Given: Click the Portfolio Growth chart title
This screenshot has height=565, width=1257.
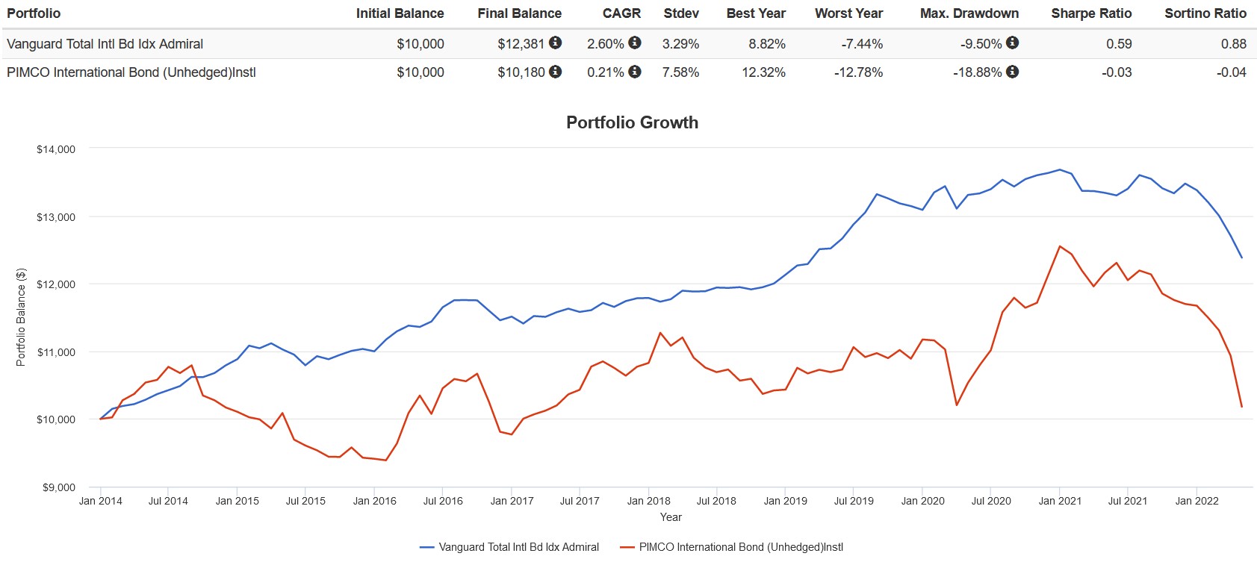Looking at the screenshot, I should [632, 122].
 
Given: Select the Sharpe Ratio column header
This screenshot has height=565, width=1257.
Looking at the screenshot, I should [1090, 13].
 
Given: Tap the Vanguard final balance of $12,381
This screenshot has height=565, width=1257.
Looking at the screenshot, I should [521, 44].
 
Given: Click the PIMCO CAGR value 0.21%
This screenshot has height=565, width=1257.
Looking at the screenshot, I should [605, 72].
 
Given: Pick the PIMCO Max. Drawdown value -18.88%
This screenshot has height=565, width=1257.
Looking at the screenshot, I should [977, 72].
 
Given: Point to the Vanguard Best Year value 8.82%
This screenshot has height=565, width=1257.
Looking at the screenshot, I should [766, 44].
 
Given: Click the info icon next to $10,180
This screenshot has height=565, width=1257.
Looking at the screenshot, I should [555, 72].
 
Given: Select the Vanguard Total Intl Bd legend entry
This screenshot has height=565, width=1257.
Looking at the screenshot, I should [518, 547].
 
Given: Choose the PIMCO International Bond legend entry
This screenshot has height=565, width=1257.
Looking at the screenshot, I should [740, 547].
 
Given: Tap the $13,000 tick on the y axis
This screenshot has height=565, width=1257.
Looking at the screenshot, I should [56, 217].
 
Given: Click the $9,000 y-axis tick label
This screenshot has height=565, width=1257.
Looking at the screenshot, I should [59, 487].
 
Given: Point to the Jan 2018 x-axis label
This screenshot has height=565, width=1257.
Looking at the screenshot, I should [648, 501].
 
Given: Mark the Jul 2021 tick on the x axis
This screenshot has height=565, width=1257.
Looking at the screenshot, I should [1127, 501].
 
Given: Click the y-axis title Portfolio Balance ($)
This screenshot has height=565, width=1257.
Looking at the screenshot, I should [21, 317].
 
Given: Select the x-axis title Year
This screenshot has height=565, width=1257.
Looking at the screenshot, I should [671, 517].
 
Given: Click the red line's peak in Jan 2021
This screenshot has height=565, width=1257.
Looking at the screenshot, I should [1060, 246].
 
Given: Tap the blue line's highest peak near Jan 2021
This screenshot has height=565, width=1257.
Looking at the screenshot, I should [1060, 169].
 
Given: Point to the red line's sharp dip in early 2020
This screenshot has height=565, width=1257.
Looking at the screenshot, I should [957, 405].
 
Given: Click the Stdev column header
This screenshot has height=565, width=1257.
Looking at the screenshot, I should [681, 13].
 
